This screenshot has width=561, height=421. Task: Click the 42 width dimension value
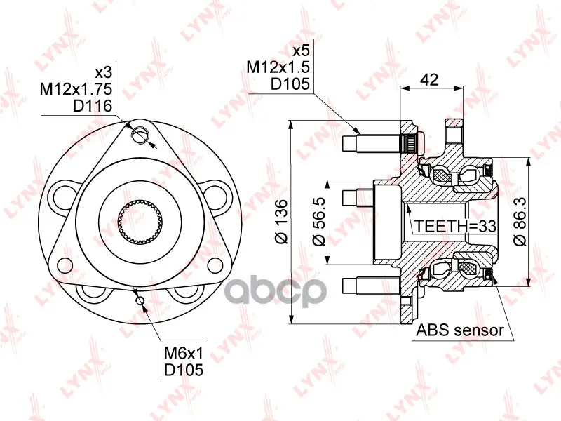point(429,79)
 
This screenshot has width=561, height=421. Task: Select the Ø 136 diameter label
point(282,222)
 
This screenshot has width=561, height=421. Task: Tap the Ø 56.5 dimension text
point(318,222)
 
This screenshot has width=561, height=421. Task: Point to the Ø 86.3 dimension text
point(520,222)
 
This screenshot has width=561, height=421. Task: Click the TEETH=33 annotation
point(455,226)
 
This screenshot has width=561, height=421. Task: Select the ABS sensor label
point(460,330)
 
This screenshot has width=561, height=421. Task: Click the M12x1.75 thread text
point(76,89)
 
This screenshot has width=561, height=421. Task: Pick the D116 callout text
point(93,106)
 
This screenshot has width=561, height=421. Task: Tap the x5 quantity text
point(301,51)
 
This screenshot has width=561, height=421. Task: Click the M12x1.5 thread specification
point(278,67)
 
